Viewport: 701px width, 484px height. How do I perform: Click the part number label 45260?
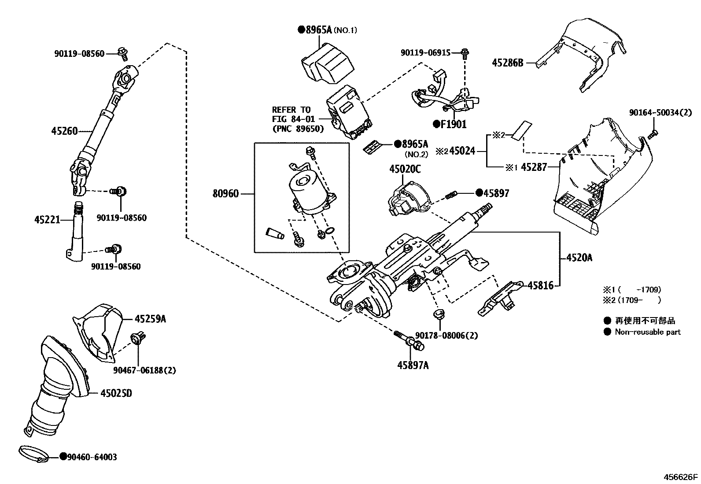[x=64, y=131]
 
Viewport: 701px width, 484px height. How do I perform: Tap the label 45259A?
[x=150, y=318]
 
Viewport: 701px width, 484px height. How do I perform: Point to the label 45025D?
[x=116, y=393]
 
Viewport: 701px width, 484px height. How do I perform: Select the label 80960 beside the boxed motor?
[x=225, y=193]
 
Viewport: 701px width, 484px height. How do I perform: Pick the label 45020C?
[x=405, y=169]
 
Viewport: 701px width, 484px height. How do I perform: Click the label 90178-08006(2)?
[x=446, y=336]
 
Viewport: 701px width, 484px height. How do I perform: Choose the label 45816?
[x=541, y=285]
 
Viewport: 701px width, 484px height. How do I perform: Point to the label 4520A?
[x=579, y=258]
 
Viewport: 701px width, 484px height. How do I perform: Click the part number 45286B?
[x=507, y=63]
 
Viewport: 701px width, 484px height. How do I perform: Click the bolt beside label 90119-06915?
[x=465, y=54]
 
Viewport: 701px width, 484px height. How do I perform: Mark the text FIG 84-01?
[x=291, y=119]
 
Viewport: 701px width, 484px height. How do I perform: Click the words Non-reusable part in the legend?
[x=647, y=332]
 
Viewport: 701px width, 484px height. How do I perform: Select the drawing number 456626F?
[x=681, y=477]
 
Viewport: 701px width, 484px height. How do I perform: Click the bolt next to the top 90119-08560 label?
[x=123, y=54]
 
